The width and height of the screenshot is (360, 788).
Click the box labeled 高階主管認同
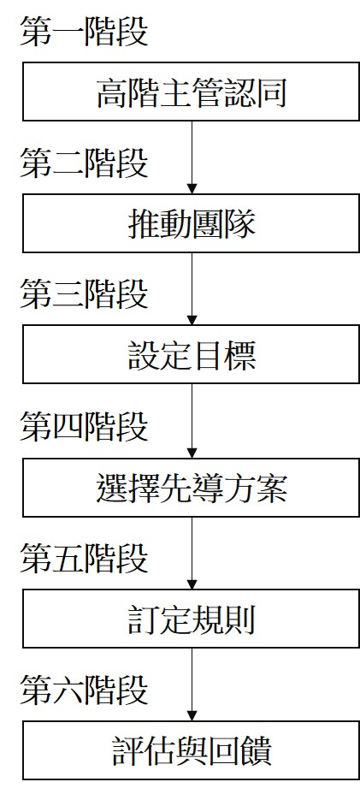click(191, 92)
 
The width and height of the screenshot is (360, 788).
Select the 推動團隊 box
click(191, 224)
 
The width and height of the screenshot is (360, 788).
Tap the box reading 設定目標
click(191, 356)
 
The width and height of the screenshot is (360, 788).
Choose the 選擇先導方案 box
click(191, 489)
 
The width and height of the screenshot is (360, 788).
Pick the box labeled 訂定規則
click(191, 620)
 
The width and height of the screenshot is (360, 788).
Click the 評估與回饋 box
click(191, 751)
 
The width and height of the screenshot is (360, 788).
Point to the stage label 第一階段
click(84, 32)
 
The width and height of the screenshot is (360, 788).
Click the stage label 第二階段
click(84, 163)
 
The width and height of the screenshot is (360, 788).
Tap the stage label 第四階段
click(84, 426)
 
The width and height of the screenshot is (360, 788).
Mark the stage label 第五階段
click(84, 559)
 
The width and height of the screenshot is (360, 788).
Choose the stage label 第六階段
click(84, 690)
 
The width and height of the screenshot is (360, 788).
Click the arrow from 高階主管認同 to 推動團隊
click(192, 158)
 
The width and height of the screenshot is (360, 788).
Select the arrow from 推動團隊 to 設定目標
click(192, 291)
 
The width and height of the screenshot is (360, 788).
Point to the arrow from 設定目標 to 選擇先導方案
click(192, 423)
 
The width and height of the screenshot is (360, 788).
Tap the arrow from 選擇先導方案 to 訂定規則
click(192, 554)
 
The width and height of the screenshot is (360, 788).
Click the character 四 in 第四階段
click(68, 426)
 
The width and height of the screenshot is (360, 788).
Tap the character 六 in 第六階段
click(68, 690)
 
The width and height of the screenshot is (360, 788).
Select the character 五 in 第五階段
click(68, 559)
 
